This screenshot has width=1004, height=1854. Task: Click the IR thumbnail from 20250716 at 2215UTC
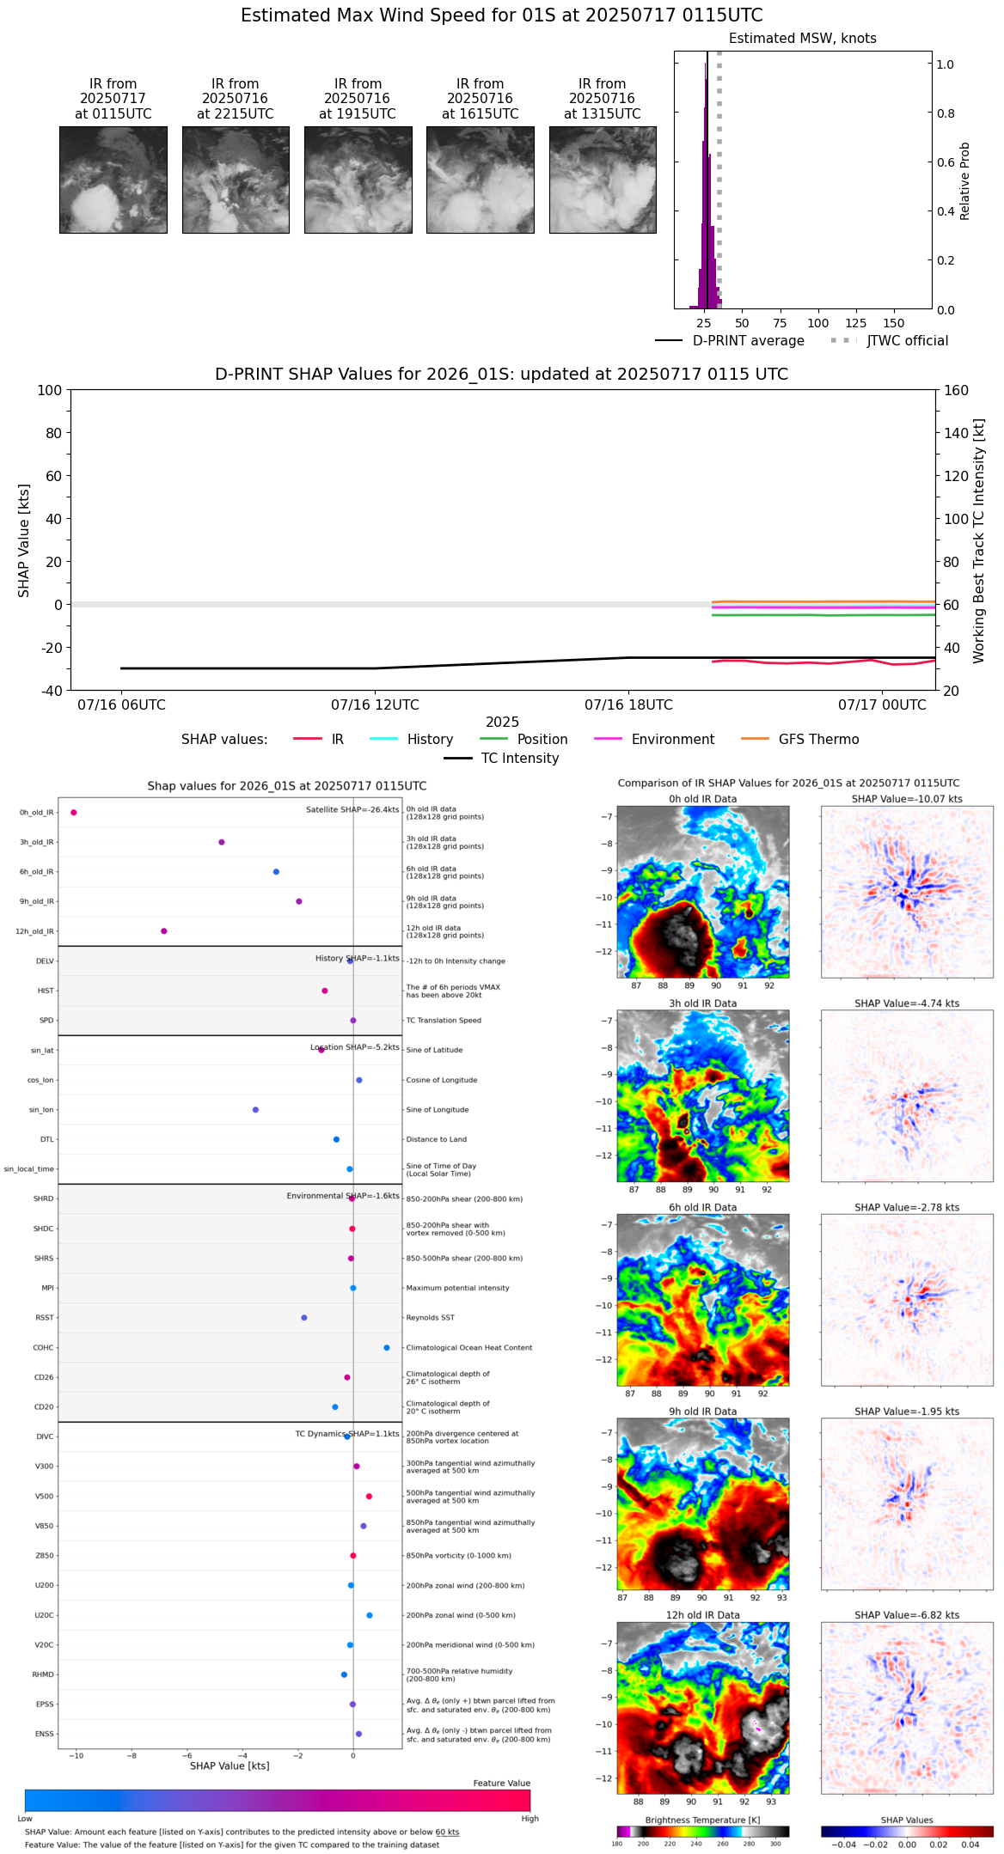[x=236, y=180]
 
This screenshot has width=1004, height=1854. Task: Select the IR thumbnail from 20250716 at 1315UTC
[x=603, y=180]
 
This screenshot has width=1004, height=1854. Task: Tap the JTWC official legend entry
[x=907, y=341]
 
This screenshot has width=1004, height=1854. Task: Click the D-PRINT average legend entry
[x=748, y=341]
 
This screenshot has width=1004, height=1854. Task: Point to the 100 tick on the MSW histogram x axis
[x=817, y=323]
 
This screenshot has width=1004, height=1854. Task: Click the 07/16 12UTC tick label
[x=375, y=705]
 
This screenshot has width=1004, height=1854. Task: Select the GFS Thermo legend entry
[x=818, y=740]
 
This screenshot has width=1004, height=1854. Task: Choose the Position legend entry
[x=542, y=740]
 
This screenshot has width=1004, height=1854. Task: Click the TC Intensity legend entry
[x=519, y=759]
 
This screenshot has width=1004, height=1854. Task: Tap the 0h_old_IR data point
[x=74, y=812]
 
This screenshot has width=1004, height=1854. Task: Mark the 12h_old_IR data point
[x=164, y=931]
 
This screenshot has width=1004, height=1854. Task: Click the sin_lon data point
[x=255, y=1110]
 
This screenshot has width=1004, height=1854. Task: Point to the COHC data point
[x=387, y=1348]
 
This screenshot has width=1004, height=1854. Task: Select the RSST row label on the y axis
[x=45, y=1318]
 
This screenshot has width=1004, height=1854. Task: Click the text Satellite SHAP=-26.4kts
[x=352, y=810]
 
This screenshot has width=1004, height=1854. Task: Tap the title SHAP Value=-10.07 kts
[x=906, y=799]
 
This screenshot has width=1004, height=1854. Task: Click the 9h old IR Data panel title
[x=702, y=1412]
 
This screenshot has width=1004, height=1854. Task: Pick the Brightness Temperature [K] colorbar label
[x=702, y=1820]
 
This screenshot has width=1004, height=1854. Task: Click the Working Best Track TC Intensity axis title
[x=979, y=541]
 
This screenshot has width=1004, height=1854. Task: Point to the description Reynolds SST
[x=431, y=1318]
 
